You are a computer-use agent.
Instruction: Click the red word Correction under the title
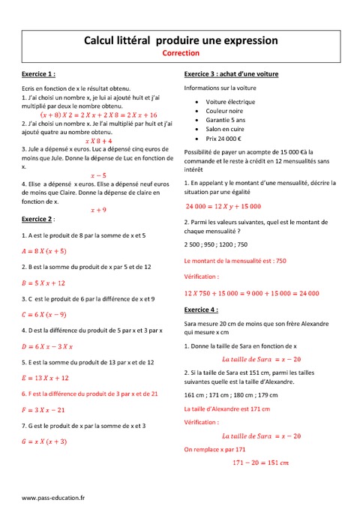click(x=181, y=54)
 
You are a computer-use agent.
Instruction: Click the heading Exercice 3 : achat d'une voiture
click(x=238, y=76)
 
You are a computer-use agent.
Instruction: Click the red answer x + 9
click(x=98, y=210)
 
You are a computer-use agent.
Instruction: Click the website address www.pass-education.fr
click(x=53, y=497)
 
